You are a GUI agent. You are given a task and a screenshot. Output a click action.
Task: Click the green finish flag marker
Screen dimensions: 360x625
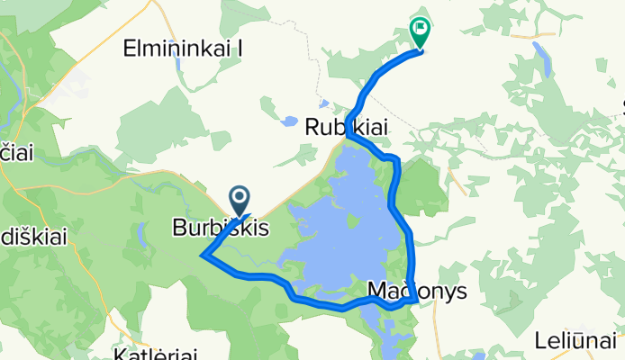[420, 31]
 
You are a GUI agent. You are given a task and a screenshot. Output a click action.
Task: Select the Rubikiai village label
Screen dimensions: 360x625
[347, 129]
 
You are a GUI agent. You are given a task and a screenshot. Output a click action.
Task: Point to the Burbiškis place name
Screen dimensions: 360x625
[221, 229]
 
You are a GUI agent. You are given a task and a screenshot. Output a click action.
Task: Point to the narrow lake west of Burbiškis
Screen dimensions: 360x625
[143, 235]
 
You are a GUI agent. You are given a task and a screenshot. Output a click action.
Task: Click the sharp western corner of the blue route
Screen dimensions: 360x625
[204, 256]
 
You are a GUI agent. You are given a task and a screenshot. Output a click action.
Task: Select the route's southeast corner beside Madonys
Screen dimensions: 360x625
[413, 301]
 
